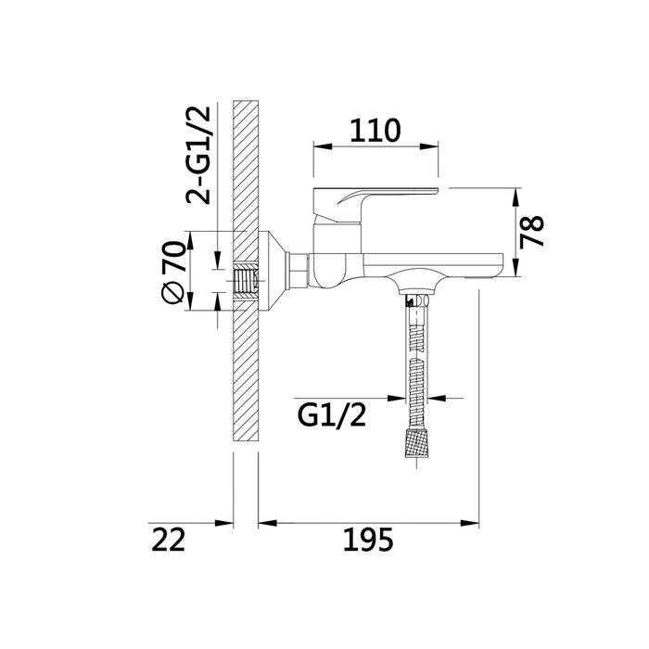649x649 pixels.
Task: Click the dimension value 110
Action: [375, 131]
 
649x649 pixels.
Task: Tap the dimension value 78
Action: [532, 232]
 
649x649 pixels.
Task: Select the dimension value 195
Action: [368, 540]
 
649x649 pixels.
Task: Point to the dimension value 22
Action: [168, 540]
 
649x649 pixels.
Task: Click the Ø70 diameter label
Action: [172, 273]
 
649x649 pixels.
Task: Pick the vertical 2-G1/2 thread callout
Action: [198, 155]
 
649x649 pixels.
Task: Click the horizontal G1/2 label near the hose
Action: [332, 416]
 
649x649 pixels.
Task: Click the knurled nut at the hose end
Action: [416, 442]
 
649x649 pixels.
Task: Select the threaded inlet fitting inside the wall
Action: [246, 281]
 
